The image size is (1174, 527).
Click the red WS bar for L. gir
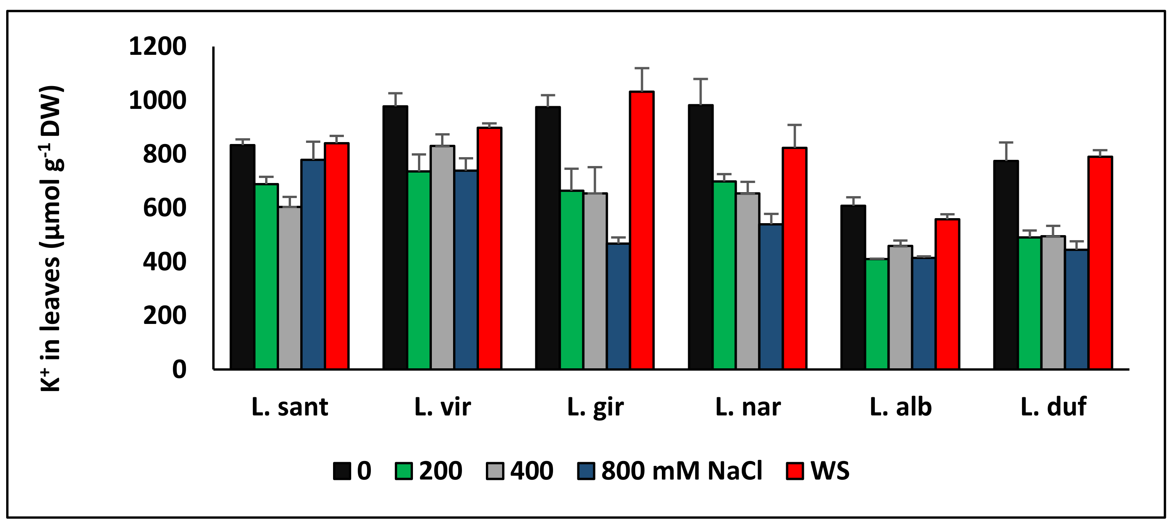pos(642,230)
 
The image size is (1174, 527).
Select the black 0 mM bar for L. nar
pos(700,237)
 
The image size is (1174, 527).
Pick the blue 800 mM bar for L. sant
pos(313,264)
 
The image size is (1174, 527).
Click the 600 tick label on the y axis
pos(164,208)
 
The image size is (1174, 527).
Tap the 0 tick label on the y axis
pos(179,369)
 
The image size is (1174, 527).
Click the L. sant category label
pos(290,407)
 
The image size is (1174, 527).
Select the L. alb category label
pos(900,407)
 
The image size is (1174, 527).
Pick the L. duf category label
pos(1053,407)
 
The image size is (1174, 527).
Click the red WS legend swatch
pos(795,471)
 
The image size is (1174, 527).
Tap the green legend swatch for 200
pos(403,471)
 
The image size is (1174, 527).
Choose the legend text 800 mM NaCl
pos(681,471)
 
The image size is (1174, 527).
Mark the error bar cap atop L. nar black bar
pos(700,79)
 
